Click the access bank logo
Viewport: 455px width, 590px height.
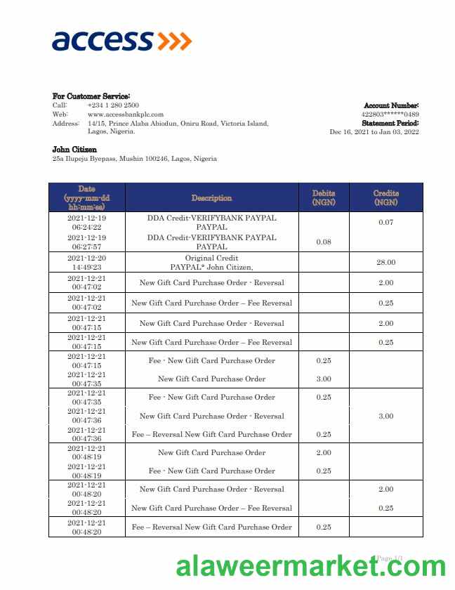pos(121,40)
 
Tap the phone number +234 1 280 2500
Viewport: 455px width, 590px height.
pos(113,105)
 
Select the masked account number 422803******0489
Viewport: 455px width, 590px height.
pos(390,114)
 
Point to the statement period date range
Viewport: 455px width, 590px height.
pos(374,131)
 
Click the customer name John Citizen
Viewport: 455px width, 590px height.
pos(74,150)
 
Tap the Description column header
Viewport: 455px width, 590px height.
pos(211,198)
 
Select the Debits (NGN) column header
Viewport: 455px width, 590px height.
pos(324,197)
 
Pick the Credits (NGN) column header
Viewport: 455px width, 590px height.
pos(385,197)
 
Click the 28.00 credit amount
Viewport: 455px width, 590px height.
pos(385,263)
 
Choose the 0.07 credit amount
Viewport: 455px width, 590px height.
pos(385,223)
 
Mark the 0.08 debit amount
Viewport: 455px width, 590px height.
pos(324,242)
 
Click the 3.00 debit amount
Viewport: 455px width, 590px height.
pos(324,379)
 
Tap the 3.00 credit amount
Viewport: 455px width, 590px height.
pos(385,416)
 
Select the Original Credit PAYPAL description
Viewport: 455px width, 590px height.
pos(211,263)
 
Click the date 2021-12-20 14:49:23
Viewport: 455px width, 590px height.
pos(87,263)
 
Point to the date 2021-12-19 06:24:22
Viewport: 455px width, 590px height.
pos(87,223)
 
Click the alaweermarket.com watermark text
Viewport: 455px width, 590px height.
pos(310,566)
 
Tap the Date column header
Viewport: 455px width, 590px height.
pos(87,198)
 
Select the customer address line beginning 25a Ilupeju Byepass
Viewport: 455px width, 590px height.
pos(134,159)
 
